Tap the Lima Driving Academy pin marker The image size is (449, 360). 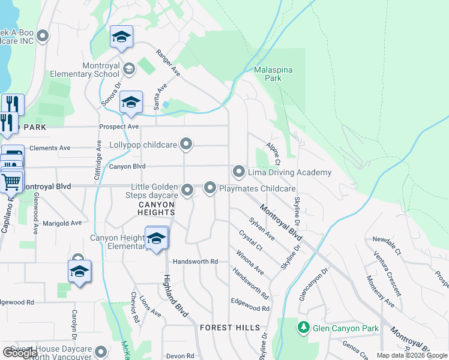[239, 172]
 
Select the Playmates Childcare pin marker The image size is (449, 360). [210, 188]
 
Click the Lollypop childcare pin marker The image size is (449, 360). [186, 144]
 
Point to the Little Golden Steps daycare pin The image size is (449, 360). [187, 191]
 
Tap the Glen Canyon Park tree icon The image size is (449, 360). [303, 328]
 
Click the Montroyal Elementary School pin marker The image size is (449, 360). [128, 69]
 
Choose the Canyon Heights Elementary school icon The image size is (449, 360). [156, 238]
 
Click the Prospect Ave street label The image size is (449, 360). [119, 127]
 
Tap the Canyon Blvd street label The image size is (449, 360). [127, 167]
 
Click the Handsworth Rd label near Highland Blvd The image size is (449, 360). [195, 262]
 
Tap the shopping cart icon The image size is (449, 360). [11, 181]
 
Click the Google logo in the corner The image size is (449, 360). [20, 352]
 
